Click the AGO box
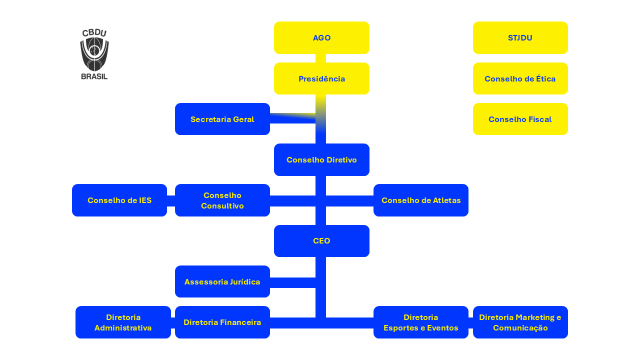321,38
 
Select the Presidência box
321,78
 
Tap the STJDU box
520,38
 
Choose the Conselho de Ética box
520,78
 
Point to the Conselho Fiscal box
520,119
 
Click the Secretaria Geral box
222,119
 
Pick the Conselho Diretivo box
321,159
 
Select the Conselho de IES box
119,200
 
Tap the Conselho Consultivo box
222,200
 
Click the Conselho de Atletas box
420,200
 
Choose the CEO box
321,241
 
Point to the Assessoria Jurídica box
222,281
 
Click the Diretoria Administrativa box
123,322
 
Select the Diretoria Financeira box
222,322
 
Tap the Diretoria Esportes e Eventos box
420,322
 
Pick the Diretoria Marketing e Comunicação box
520,322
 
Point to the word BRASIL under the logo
94,76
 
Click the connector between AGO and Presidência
321,58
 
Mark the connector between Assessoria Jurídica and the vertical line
292,282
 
